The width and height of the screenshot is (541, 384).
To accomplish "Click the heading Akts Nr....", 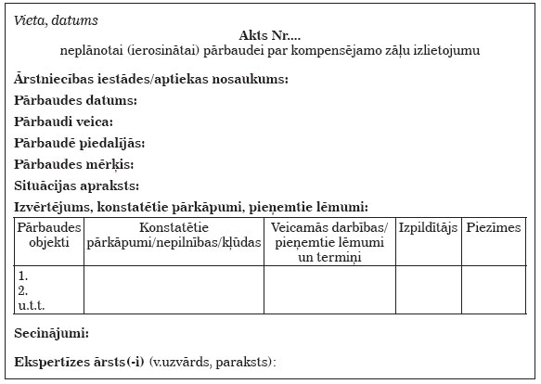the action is point(269,34).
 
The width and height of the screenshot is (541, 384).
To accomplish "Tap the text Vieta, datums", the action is point(56,19).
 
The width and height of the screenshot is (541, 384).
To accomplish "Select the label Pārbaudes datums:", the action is point(76,100).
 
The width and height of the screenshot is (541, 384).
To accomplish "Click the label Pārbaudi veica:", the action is point(64,122).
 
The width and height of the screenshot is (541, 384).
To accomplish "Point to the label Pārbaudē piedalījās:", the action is point(80,143).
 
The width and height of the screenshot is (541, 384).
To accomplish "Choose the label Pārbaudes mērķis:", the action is point(76,164).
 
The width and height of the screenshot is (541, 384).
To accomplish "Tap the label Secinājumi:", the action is point(52,333).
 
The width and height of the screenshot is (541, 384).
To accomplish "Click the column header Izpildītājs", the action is point(428,228).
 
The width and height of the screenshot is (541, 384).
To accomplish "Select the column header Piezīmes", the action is point(494,228).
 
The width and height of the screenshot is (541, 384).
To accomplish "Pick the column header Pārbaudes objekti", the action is point(49,235).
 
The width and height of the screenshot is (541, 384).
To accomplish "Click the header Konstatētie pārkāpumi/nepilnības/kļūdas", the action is point(174,235).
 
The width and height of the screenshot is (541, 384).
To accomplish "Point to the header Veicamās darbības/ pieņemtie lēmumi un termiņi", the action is point(329,241).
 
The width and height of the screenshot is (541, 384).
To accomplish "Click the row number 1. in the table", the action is point(24,276).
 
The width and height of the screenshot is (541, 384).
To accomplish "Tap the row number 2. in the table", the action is point(24,290).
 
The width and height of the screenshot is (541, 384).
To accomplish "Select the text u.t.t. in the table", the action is point(32,304).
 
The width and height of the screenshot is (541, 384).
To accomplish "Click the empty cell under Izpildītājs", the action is point(428,290).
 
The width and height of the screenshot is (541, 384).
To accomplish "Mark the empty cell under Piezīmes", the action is point(494,290).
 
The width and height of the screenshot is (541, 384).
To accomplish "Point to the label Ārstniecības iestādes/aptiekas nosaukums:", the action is point(151,79).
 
